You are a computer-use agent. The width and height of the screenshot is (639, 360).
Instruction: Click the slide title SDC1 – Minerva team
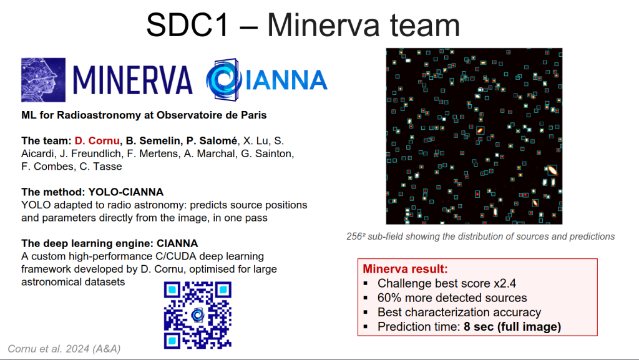(303, 25)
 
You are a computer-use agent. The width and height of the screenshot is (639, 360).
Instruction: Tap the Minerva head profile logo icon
(43, 80)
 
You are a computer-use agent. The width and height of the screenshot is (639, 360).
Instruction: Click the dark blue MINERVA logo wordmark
(132, 80)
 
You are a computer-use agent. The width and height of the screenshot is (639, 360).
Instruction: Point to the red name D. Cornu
(97, 141)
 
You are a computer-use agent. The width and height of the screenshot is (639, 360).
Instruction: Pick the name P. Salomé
(212, 141)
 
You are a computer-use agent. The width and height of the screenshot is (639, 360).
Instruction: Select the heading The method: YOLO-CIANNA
(92, 192)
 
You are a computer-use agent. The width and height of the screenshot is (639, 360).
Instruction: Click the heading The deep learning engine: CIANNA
(110, 243)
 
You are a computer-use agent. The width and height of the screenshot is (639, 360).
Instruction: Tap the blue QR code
(198, 315)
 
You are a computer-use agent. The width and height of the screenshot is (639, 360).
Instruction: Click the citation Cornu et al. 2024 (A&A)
(64, 349)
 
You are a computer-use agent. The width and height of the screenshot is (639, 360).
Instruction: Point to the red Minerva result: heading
(405, 269)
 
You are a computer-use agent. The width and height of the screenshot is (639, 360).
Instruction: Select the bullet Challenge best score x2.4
(447, 283)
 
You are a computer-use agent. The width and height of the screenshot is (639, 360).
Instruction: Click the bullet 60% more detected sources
(452, 298)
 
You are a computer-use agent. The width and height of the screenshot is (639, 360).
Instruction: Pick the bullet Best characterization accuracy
(459, 313)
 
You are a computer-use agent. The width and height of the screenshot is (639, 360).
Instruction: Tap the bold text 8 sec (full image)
(512, 326)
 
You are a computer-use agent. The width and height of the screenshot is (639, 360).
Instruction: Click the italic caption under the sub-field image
(480, 236)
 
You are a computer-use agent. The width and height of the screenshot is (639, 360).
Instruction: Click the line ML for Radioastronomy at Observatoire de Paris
(144, 115)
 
